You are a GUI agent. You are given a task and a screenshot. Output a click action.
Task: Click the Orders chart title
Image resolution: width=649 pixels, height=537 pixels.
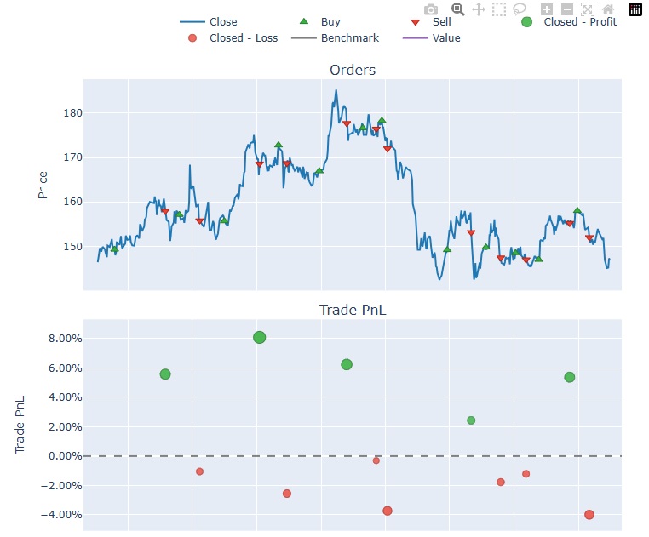click(x=353, y=70)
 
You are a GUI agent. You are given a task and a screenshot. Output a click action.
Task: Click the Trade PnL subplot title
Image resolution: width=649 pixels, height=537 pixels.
click(x=353, y=310)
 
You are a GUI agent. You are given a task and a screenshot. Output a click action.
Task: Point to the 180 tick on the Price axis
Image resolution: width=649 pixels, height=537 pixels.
click(x=72, y=113)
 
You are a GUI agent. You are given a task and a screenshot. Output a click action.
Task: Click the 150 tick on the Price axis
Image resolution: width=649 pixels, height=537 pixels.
click(x=72, y=247)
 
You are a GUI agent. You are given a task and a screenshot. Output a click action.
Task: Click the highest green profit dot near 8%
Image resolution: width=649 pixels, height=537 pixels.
click(x=260, y=337)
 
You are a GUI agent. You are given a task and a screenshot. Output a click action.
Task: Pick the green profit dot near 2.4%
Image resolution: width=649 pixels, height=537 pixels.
click(x=471, y=420)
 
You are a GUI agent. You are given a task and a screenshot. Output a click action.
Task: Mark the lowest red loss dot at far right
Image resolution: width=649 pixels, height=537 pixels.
click(x=589, y=515)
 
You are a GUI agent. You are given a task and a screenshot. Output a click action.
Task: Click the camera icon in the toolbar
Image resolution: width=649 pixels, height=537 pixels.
click(x=431, y=9)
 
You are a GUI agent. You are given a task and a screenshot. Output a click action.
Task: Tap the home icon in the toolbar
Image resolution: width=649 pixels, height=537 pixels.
click(x=608, y=9)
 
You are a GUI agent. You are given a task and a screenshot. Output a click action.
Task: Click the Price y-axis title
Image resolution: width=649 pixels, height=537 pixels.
click(x=43, y=185)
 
